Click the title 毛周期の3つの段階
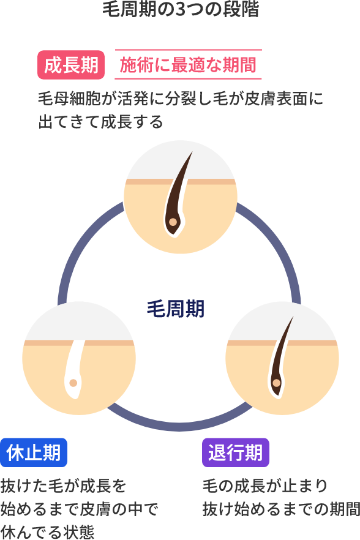pos(180,10)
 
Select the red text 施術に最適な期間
pos(188,65)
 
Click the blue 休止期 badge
pos(34,453)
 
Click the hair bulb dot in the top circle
pos(173,222)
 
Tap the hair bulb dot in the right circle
pos(276,383)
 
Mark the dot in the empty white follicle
pos(73,383)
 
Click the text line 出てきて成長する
pos(101,122)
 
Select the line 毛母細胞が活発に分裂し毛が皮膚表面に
pos(180,99)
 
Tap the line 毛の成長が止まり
pos(266,486)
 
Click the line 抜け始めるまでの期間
pos(281,509)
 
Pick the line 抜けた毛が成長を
pos(64,486)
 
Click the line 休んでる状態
pos(48,531)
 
